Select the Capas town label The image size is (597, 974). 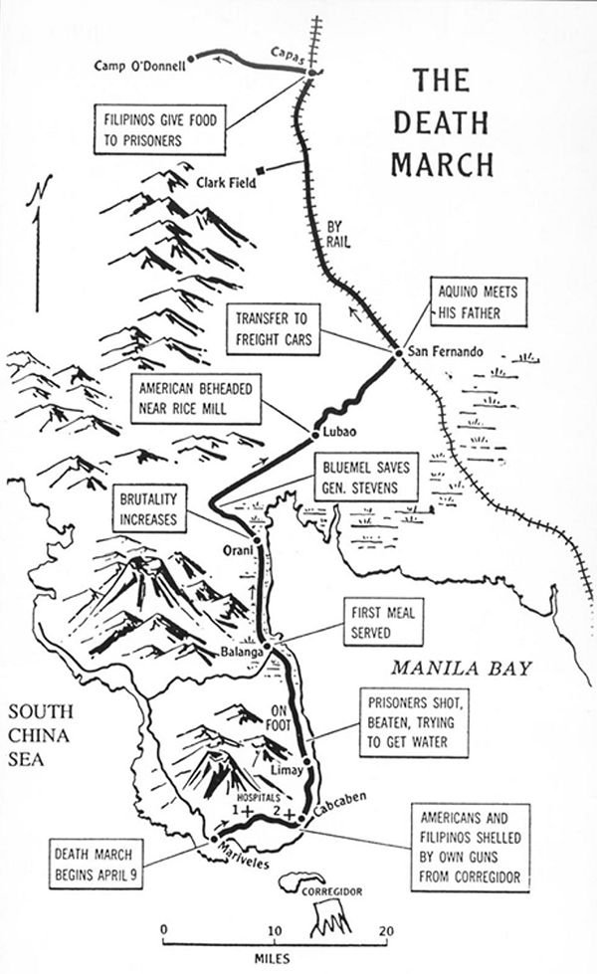[x=289, y=55]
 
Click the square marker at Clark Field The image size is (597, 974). [x=259, y=169]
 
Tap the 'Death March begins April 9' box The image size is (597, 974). [x=96, y=861]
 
